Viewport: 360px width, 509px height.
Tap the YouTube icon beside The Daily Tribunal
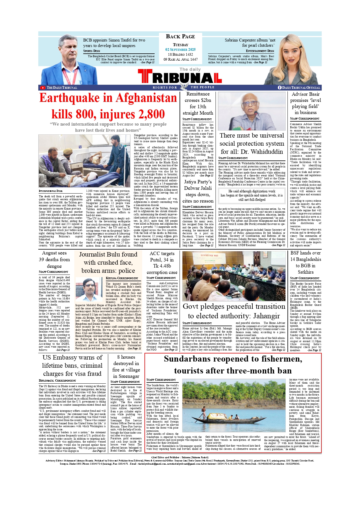[43, 88]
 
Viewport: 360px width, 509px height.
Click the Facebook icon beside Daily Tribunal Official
[280, 88]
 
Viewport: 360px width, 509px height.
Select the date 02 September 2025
[180, 50]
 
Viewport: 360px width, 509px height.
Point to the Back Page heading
[180, 37]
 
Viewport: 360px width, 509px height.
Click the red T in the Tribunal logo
[145, 76]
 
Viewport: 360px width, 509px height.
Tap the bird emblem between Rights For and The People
[183, 87]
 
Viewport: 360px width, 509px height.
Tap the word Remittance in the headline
[198, 94]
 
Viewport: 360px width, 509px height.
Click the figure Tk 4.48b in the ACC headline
[162, 266]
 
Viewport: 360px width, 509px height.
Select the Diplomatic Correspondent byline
[57, 380]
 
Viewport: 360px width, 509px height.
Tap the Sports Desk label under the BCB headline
[92, 51]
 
